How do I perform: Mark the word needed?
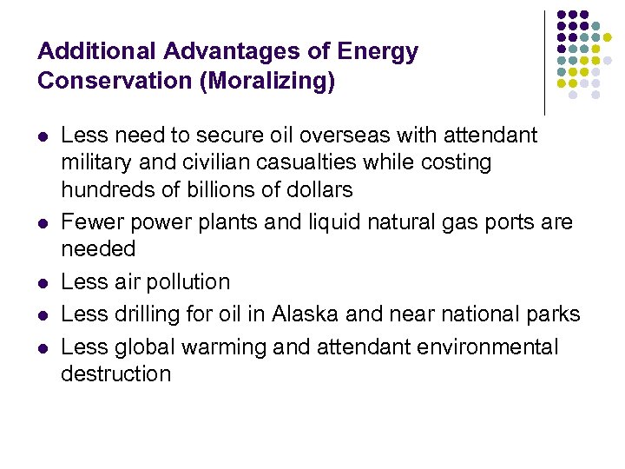pos(98,249)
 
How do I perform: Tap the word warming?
pos(225,347)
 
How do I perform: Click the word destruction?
pos(116,374)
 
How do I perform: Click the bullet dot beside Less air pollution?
pos(43,283)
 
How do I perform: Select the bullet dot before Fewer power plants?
pos(43,223)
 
